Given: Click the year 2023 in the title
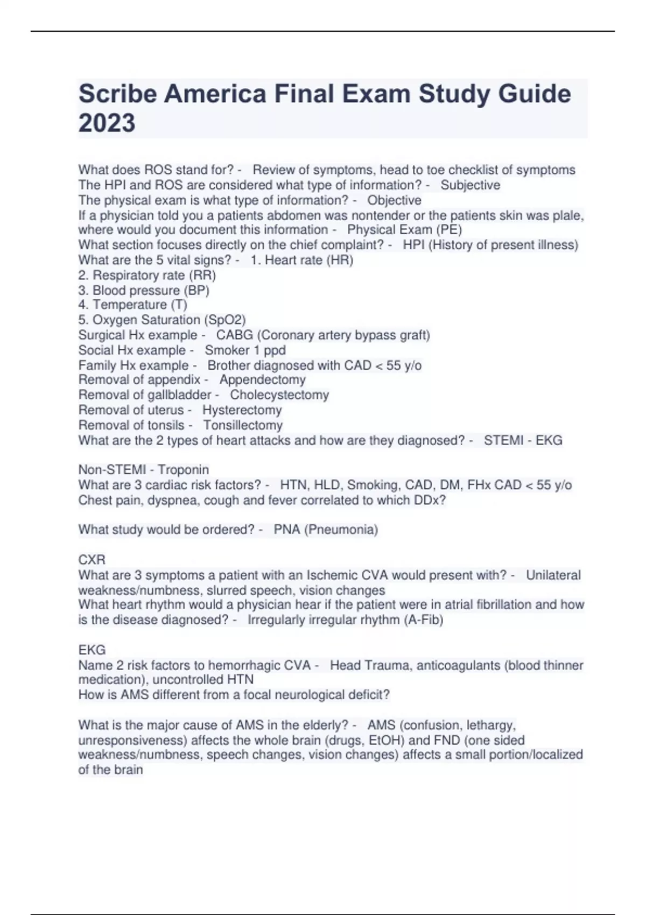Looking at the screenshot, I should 107,123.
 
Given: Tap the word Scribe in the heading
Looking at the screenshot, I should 117,94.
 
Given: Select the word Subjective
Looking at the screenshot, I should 470,185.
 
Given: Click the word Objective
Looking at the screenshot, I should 394,200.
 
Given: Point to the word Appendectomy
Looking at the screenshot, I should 262,379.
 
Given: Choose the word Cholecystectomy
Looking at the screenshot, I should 279,395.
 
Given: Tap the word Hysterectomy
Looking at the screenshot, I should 242,410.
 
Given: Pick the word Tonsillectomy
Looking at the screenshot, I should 242,425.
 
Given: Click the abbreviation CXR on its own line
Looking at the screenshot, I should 92,560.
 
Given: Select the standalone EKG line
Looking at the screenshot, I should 92,650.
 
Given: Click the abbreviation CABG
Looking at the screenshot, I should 234,335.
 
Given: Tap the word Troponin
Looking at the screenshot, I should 183,470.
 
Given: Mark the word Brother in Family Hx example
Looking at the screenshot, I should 228,365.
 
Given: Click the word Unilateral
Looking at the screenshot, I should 553,575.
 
